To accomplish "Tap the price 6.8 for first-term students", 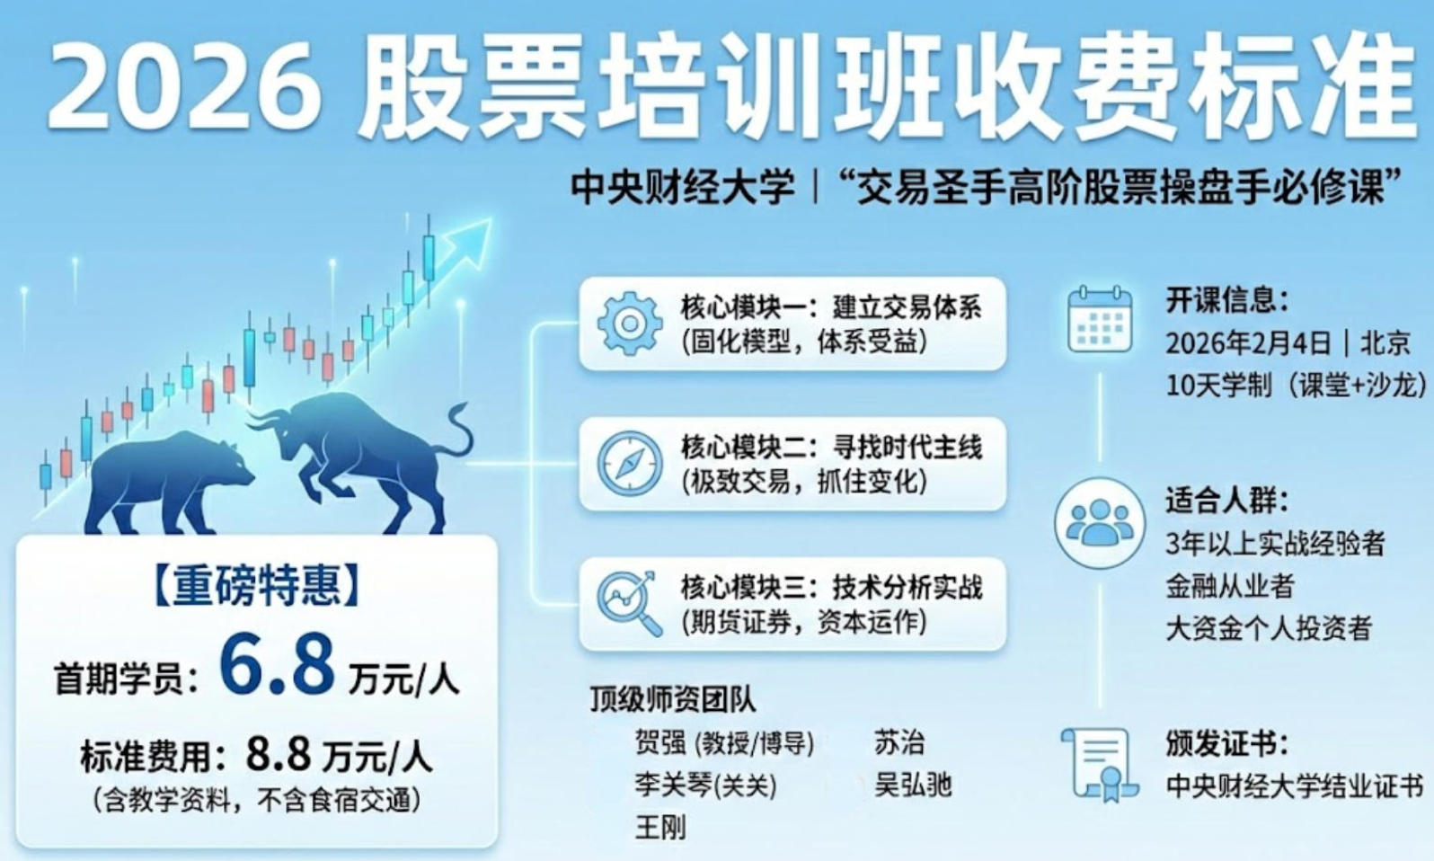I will coord(277,665).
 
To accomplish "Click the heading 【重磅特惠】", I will coord(257,586).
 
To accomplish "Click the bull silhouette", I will coord(368,449).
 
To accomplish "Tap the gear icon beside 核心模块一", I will coord(629,323).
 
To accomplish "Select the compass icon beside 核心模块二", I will coord(629,464).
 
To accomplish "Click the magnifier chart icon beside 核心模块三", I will coord(629,603).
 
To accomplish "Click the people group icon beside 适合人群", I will coord(1100,522).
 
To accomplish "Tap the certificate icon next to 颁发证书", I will coord(1098,764).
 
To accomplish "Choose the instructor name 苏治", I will coord(898,742).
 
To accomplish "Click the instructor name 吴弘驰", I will coord(913,785).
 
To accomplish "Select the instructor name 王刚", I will coord(660,826).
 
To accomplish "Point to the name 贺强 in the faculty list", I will coord(660,742).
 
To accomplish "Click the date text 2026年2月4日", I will coord(1248,343).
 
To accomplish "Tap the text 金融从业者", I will coord(1229,586).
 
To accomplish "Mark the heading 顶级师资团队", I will coord(672,698).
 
